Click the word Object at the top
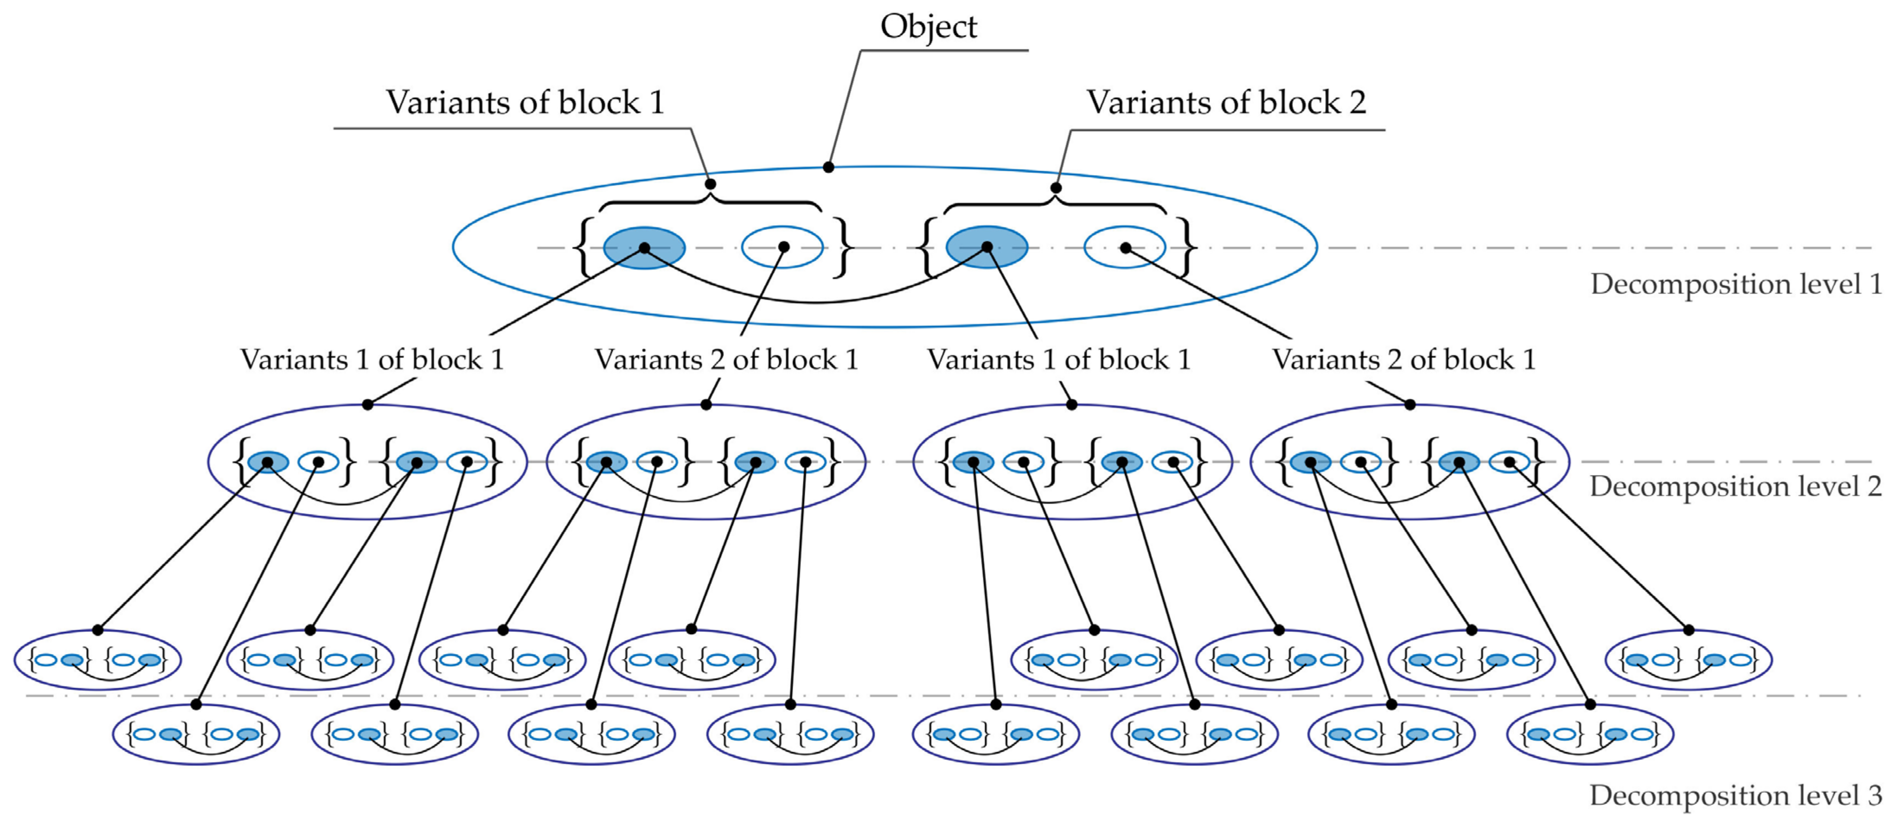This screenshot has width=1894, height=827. click(928, 27)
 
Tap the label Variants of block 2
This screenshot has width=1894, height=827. click(1226, 102)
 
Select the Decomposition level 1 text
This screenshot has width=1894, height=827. click(1736, 284)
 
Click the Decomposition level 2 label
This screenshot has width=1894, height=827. click(1736, 486)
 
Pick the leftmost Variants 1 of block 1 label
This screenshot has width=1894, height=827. click(372, 359)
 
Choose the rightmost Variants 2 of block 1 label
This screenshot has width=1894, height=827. click(1405, 359)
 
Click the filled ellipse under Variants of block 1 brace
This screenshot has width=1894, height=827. click(644, 247)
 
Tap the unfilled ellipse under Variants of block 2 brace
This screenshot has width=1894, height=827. click(1125, 247)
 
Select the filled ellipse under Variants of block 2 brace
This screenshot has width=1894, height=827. click(987, 247)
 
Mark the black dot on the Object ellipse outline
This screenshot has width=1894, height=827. click(828, 167)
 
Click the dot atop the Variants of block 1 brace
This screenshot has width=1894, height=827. click(710, 184)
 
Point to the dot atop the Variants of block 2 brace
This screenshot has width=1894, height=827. click(1056, 187)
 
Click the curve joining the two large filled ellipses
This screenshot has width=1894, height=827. click(815, 301)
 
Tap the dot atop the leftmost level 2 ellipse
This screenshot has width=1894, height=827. click(368, 404)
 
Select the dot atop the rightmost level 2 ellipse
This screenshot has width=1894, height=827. click(1409, 404)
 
